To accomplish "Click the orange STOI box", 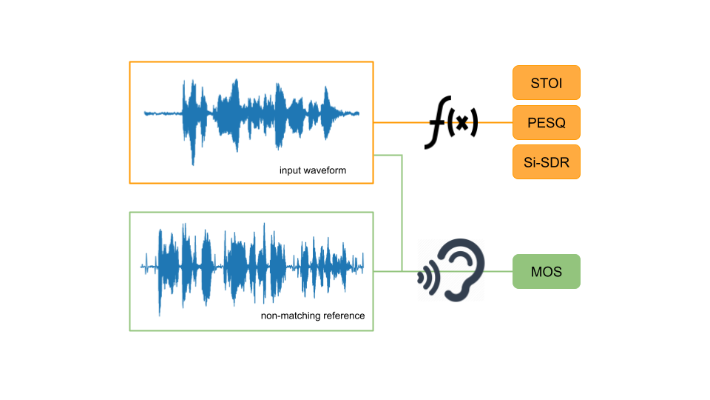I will tap(547, 83).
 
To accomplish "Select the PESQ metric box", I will tap(547, 122).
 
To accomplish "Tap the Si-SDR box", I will tap(547, 162).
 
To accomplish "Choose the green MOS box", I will tap(547, 272).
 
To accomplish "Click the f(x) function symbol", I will tap(450, 124).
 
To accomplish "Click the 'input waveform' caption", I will tap(313, 170).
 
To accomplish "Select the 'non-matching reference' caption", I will tap(313, 316).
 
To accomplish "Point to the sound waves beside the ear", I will tap(426, 276).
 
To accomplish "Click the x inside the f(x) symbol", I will tap(462, 124).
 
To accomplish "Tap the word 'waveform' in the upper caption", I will tap(325, 170).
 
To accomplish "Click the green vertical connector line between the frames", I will tap(402, 215).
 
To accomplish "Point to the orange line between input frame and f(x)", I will tap(399, 122).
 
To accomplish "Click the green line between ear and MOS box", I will tap(499, 271).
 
